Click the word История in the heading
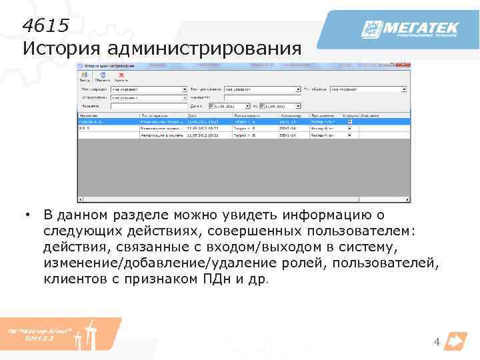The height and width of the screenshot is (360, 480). [x=59, y=49]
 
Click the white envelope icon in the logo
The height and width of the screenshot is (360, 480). [x=371, y=29]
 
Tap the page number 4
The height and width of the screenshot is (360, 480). [x=437, y=343]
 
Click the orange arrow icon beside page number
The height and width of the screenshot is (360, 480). [x=455, y=341]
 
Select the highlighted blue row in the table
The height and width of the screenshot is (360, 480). [x=243, y=122]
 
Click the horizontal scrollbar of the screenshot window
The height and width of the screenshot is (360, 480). [x=243, y=199]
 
